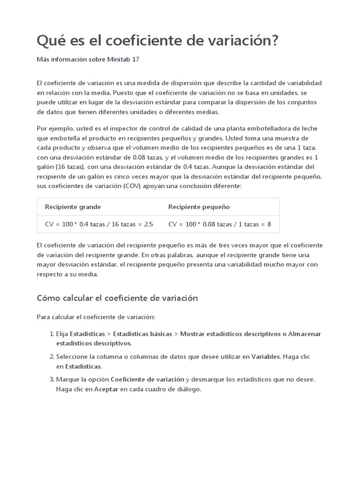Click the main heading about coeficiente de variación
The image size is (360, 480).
coord(157,41)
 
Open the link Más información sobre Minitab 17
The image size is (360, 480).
coord(88,60)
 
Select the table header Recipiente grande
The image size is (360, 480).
coord(73,207)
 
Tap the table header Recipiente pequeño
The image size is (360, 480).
coord(199,207)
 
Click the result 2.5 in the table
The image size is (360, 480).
coord(148,224)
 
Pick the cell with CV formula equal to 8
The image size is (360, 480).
coord(219,224)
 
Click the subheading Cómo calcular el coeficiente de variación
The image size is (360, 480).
coord(117,298)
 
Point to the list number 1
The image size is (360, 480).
coord(51,334)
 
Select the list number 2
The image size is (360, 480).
coord(51,357)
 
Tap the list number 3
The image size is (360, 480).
coord(51,380)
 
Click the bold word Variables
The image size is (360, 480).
coord(266,357)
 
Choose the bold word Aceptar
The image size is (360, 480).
coord(106,389)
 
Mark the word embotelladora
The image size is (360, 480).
coord(250,129)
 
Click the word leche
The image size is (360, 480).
coord(313,129)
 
